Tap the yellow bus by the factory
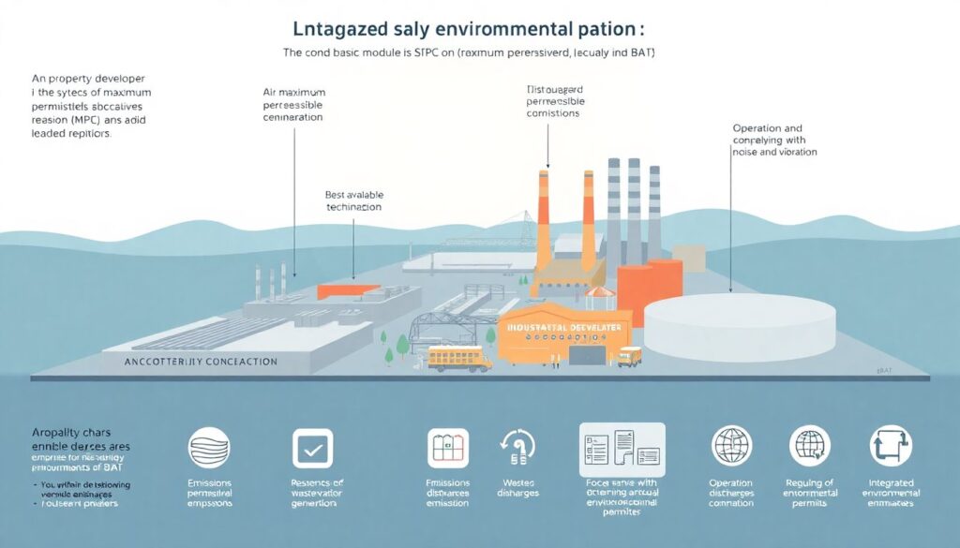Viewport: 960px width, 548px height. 460,359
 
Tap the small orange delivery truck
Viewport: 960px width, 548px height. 629,357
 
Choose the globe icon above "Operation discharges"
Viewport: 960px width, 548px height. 729,446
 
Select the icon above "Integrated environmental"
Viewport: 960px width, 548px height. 890,446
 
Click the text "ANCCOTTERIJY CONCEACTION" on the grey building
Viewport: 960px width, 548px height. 201,361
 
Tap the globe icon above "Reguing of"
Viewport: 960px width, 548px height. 810,446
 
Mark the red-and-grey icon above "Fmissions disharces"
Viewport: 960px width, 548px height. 447,448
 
